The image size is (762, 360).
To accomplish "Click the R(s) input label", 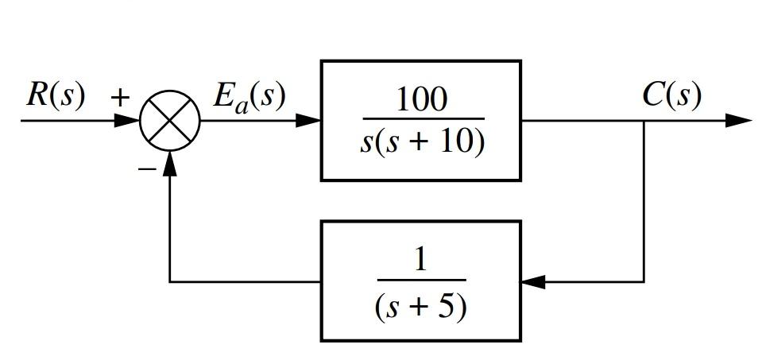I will pos(55,95).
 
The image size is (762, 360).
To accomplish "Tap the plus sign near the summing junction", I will pos(119,98).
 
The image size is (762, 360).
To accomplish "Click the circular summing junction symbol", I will pos(170,121).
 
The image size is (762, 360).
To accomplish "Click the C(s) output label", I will pos(671,95).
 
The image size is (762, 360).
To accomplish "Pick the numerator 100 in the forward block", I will pos(421,100).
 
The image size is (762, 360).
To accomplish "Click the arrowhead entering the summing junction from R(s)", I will pos(127,121).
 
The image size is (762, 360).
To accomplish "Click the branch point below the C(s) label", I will pos(644,121).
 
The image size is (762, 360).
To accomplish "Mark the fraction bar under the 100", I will pos(421,119).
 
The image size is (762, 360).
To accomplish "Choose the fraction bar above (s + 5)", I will pos(421,281).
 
